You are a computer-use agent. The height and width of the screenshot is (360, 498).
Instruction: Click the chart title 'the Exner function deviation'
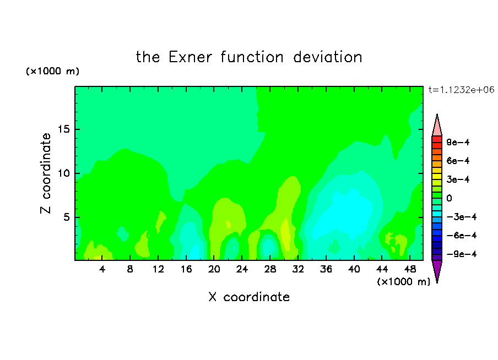click(x=249, y=57)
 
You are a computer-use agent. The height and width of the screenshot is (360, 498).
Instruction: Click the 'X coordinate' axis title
click(x=249, y=297)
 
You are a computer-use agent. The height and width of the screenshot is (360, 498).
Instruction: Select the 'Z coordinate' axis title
click(x=46, y=173)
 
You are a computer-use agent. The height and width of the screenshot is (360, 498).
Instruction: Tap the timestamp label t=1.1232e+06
click(x=462, y=90)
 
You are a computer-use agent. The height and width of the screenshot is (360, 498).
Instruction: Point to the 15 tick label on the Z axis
click(x=63, y=129)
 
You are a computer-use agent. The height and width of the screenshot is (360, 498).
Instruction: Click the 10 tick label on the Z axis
click(x=63, y=173)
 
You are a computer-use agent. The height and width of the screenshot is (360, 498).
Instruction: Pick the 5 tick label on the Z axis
click(x=66, y=217)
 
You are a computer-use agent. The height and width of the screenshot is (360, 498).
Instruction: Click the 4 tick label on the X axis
click(x=102, y=269)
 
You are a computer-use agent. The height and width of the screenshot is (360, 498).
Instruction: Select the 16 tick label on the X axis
click(x=186, y=269)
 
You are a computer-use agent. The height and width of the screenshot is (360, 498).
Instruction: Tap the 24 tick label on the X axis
click(x=242, y=269)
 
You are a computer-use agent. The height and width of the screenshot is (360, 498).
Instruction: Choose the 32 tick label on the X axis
click(x=298, y=269)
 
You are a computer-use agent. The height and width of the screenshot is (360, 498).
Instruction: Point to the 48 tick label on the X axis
click(x=410, y=269)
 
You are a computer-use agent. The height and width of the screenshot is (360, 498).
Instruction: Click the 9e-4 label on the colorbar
click(x=458, y=142)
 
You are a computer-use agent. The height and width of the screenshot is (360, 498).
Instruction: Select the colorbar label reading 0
click(x=449, y=198)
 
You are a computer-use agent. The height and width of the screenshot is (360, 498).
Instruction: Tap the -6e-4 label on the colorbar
click(x=462, y=236)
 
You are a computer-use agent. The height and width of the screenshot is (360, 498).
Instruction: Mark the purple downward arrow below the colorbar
click(x=437, y=270)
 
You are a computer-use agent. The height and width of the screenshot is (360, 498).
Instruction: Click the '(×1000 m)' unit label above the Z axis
click(x=52, y=71)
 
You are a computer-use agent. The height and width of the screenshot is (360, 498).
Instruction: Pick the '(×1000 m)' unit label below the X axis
click(x=403, y=281)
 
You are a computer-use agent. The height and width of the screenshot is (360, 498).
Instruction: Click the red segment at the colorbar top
click(x=437, y=139)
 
